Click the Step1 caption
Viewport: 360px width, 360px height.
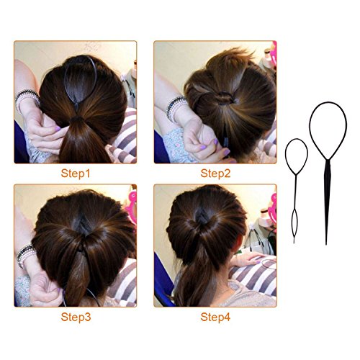(76, 174)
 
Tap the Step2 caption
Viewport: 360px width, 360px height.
(215, 174)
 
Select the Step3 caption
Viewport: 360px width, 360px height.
(76, 317)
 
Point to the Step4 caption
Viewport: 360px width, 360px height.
(215, 317)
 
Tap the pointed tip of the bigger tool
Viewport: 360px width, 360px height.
(326, 245)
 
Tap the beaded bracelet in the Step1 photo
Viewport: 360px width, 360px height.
(27, 99)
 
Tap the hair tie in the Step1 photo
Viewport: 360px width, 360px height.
(77, 118)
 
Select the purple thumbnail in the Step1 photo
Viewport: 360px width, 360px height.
(58, 129)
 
